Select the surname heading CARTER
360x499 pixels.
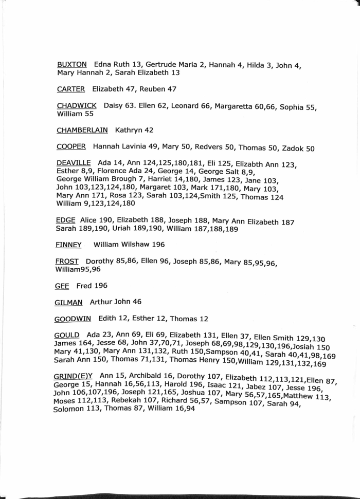coord(70,89)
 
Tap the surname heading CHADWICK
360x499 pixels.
coord(77,106)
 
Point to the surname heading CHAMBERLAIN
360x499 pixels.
coord(82,130)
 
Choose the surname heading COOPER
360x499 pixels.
coord(71,146)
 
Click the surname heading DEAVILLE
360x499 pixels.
coord(73,163)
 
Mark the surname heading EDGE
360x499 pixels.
coord(64,220)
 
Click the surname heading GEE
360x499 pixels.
coord(62,285)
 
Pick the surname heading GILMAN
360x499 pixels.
coord(69,302)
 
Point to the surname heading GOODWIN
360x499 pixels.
coord(73,319)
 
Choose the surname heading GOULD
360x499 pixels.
coord(66,335)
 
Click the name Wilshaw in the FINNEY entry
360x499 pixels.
coord(137,245)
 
